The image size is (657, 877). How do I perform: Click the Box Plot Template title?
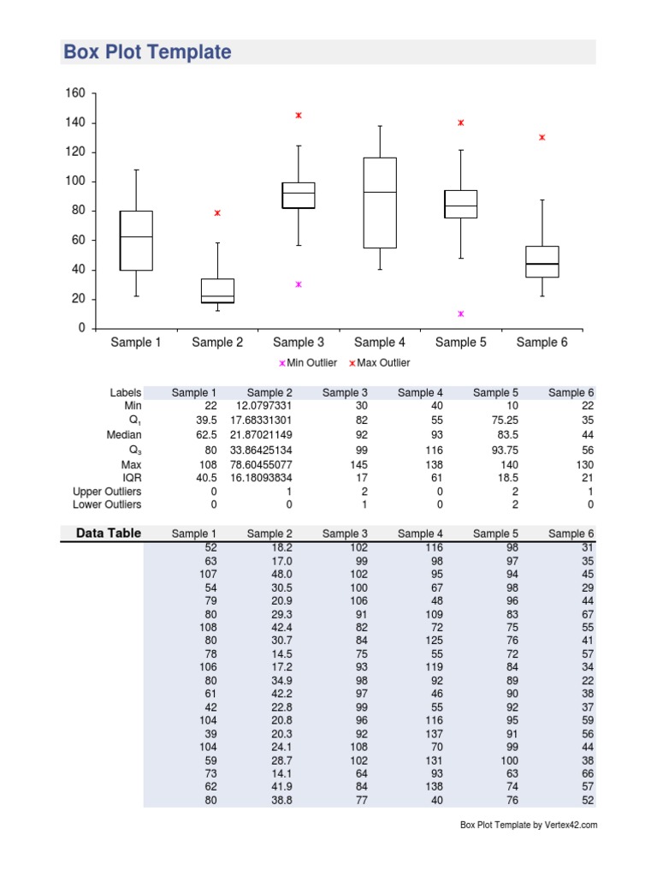coord(147,52)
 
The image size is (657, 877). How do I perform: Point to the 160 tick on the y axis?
coord(75,93)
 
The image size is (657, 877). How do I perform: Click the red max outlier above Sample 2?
coord(217,212)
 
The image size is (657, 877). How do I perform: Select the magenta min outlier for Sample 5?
coord(461,313)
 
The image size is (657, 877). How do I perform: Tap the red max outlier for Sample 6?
coord(542,137)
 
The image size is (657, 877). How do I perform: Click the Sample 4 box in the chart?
coord(380,203)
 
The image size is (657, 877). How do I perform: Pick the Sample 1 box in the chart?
coord(136,241)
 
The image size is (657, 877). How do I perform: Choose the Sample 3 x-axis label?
coord(299,343)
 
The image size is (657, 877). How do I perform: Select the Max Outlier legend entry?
coord(379,363)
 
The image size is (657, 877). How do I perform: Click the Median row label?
coord(124,435)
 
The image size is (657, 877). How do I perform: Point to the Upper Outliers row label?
coord(107,492)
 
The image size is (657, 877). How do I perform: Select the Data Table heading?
coord(109,534)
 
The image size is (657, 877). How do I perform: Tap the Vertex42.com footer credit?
coord(529,826)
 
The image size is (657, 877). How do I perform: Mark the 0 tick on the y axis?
coord(82,329)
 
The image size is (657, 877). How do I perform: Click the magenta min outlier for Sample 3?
coord(299,284)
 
